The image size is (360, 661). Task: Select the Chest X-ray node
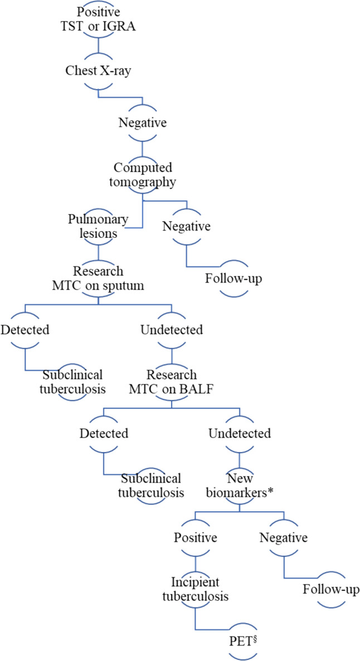[x=98, y=71]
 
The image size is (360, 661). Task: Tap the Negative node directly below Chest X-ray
[x=142, y=123]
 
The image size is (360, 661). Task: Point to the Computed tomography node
[x=143, y=175]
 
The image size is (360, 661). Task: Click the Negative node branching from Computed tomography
[x=186, y=227]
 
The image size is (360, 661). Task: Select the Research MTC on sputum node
[x=98, y=277]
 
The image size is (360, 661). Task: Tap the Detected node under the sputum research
[x=25, y=329]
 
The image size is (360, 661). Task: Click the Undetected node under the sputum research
[x=171, y=329]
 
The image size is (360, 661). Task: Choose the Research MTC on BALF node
[x=171, y=381]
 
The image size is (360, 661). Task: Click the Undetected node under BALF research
[x=240, y=433]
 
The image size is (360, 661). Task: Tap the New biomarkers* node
[x=240, y=484]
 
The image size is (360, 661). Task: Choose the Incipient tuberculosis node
[x=195, y=589]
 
